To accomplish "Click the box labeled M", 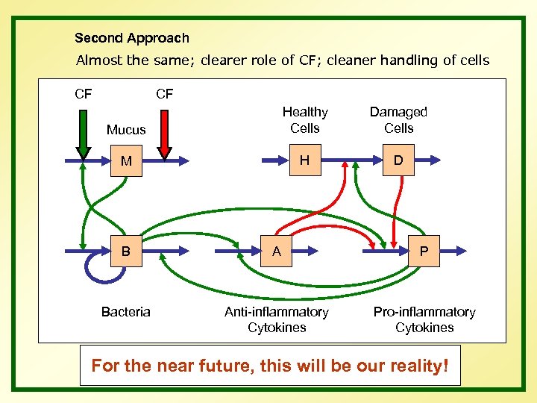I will (x=127, y=160).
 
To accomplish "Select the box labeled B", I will (x=126, y=252).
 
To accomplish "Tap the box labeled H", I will (x=304, y=160).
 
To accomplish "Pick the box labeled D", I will (x=398, y=160).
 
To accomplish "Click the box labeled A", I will (x=276, y=252).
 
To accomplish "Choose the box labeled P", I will (x=424, y=252).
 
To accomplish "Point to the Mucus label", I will (x=126, y=130).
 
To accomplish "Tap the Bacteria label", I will (x=126, y=312).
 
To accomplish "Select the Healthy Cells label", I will (x=304, y=119).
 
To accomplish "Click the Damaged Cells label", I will (x=398, y=119).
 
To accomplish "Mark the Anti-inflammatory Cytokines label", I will (x=276, y=319).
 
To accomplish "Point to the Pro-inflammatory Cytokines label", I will (x=424, y=319).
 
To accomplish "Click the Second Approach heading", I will (x=132, y=38).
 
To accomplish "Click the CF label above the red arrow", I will (x=164, y=94).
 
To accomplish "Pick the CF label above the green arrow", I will (x=84, y=94).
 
